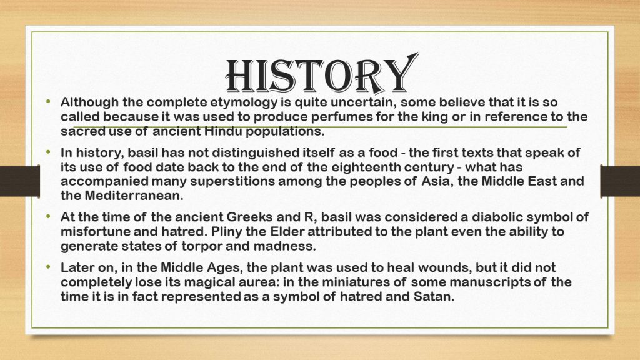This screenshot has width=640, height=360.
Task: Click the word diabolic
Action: point(451,217)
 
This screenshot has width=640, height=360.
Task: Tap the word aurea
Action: point(270,282)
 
